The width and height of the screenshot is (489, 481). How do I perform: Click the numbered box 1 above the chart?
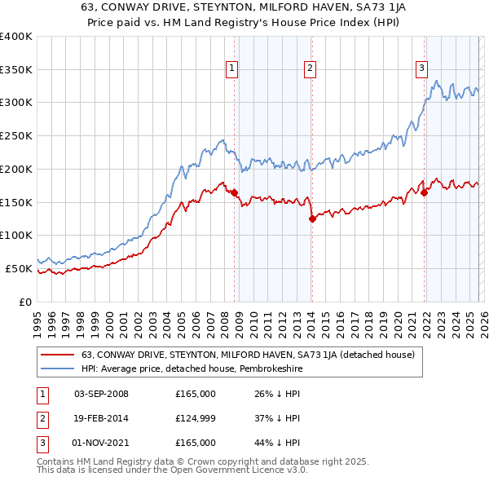pyautogui.click(x=233, y=68)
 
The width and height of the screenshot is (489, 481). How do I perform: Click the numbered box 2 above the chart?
pyautogui.click(x=311, y=68)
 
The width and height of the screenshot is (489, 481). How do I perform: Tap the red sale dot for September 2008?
pyautogui.click(x=235, y=193)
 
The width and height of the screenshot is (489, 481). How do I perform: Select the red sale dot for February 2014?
pyautogui.click(x=312, y=218)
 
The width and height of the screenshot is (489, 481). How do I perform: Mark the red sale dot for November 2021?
pyautogui.click(x=425, y=192)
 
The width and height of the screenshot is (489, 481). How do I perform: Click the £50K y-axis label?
pyautogui.click(x=20, y=268)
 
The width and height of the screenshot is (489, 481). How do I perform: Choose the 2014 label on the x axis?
pyautogui.click(x=311, y=319)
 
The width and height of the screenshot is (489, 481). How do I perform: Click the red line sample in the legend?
pyautogui.click(x=57, y=355)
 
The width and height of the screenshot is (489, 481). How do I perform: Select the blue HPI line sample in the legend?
pyautogui.click(x=57, y=368)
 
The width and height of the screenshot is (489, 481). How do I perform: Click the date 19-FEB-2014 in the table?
pyautogui.click(x=101, y=418)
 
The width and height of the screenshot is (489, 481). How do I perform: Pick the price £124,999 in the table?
pyautogui.click(x=196, y=418)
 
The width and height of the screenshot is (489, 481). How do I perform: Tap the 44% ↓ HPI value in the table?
pyautogui.click(x=278, y=443)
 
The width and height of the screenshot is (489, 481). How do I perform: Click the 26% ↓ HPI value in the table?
pyautogui.click(x=278, y=394)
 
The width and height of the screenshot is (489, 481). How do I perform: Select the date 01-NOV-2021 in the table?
pyautogui.click(x=101, y=443)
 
